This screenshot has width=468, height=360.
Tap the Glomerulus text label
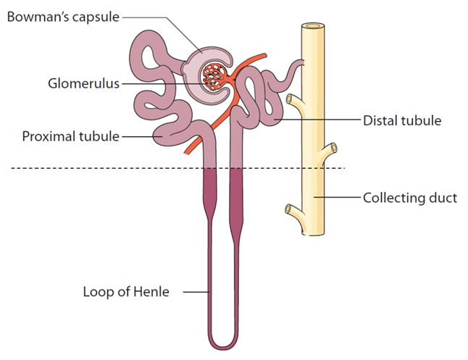79,83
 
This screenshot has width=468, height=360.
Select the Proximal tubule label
70,135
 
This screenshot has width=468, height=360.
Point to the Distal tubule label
401,120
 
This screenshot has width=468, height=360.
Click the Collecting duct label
409,197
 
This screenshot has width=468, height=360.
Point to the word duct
443,197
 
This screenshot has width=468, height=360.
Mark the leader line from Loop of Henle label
196,293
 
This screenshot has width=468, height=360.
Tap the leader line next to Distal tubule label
319,120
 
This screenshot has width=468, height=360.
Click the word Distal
380,120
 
